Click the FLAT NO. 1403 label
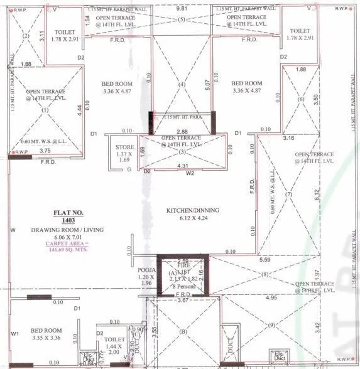click(60, 217)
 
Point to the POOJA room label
click(146, 272)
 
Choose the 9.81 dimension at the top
click(182, 9)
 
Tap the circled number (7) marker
click(288, 195)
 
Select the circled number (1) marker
click(45, 110)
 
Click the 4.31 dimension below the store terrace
click(183, 166)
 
